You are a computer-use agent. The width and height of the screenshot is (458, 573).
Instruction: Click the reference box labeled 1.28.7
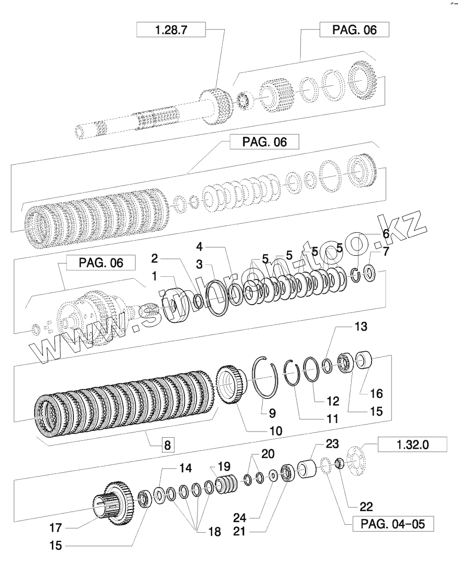click(171, 30)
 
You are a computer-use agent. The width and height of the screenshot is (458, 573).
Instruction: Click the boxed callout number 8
click(167, 446)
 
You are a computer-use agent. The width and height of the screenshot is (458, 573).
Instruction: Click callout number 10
click(276, 431)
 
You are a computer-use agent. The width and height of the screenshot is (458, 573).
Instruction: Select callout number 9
click(272, 413)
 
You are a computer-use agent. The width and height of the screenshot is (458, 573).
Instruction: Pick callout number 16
click(377, 393)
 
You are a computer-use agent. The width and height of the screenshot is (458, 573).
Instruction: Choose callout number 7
click(386, 252)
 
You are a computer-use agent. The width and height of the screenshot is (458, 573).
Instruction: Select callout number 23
click(332, 444)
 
